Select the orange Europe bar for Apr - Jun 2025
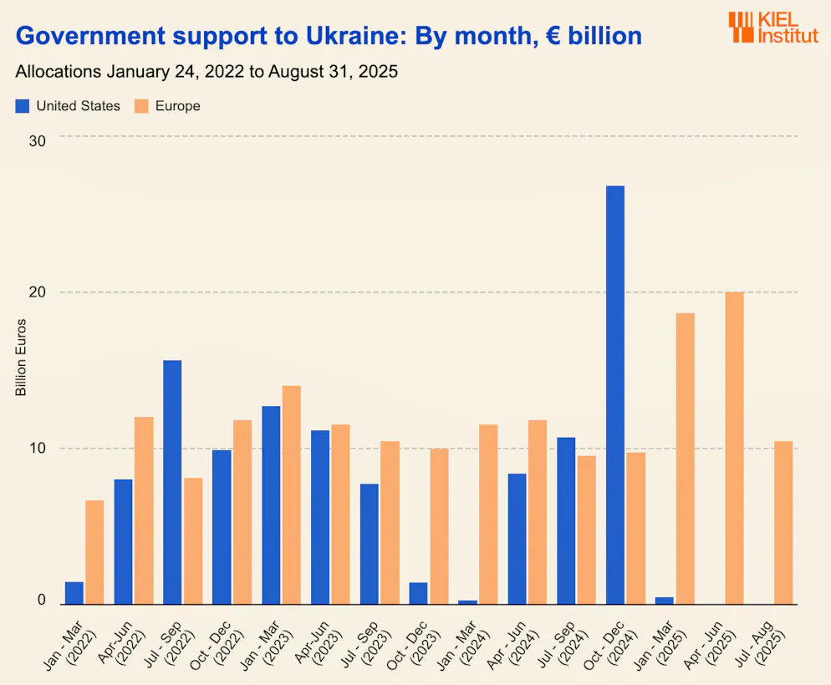pos(734,448)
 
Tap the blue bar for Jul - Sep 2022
pos(172,482)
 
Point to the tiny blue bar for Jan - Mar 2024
pos(467,601)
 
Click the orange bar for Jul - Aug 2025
pos(783,522)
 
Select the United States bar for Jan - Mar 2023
pos(271,505)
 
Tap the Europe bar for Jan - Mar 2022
pos(94,551)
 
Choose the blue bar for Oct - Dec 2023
pos(418,593)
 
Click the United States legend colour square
pos(23,106)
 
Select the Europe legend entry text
pos(177,106)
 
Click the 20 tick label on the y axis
pos(37,293)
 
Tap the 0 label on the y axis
pos(40,600)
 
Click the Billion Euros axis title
pos(22,358)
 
